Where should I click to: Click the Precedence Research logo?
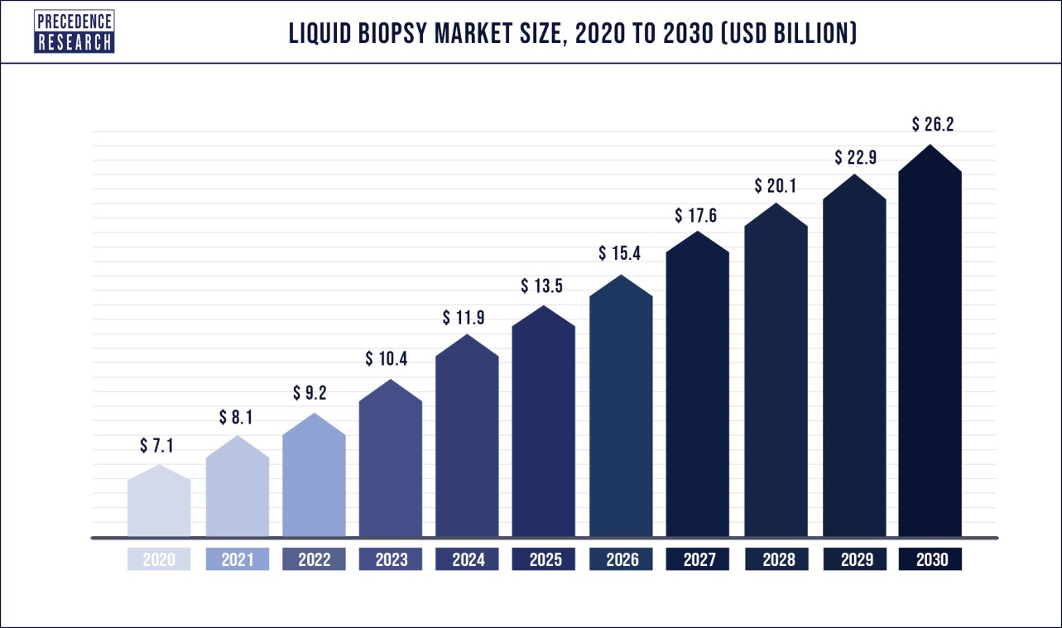74,31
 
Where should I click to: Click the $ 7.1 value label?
156,446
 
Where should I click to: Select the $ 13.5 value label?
542,286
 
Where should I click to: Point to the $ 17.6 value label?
695,216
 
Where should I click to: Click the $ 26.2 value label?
934,124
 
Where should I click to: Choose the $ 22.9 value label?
856,156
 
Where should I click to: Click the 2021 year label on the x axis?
237,559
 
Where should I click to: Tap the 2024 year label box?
468,559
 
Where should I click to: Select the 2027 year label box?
698,559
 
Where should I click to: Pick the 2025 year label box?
544,559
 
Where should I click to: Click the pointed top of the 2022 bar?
314,416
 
